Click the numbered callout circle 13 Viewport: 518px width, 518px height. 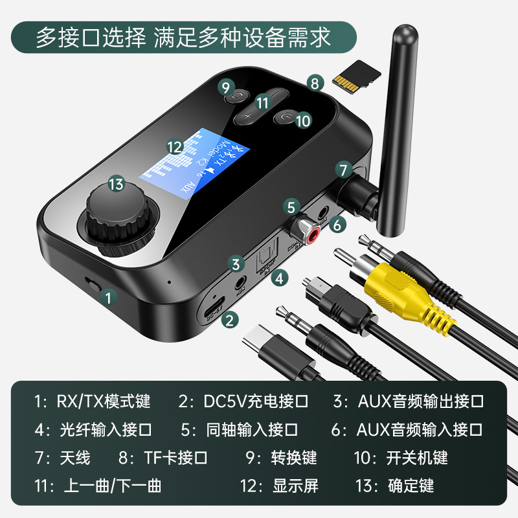[x=116, y=185]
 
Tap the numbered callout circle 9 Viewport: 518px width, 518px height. [x=225, y=87]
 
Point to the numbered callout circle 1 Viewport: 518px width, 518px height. [x=110, y=297]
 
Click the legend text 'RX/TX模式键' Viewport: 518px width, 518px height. [x=104, y=401]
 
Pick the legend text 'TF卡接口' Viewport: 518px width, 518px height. [x=176, y=458]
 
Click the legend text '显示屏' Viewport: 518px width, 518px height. [x=296, y=485]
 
